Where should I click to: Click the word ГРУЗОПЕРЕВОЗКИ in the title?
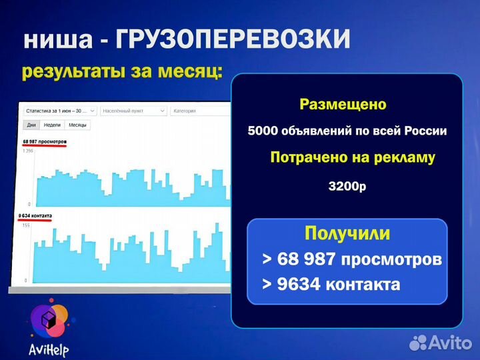tap(233, 41)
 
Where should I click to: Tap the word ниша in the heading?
tap(58, 41)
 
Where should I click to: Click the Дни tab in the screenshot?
tap(31, 125)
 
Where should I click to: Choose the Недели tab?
tap(53, 125)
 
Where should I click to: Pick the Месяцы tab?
tap(78, 125)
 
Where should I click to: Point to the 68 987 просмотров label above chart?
tap(45, 142)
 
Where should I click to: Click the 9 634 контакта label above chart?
tap(36, 216)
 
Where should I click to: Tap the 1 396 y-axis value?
tap(27, 151)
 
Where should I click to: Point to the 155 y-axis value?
tap(27, 227)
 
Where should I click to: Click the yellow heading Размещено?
tap(343, 105)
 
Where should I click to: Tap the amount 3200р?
tap(347, 187)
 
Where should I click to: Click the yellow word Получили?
tap(347, 233)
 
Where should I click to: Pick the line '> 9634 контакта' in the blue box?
tap(331, 285)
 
